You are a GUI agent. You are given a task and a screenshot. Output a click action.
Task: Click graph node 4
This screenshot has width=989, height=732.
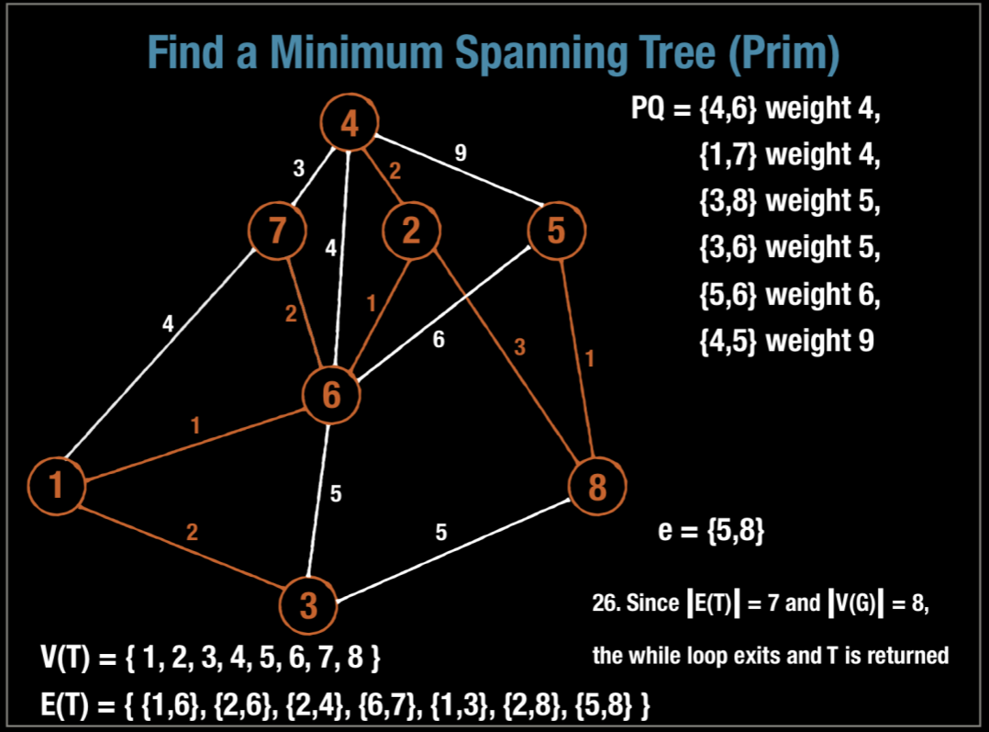coord(349,123)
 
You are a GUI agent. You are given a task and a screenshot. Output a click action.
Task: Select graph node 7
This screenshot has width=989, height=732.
coord(277,230)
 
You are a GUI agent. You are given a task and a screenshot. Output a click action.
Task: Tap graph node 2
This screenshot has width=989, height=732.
coord(410,230)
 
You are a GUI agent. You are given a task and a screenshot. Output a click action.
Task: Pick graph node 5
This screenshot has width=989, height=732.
coord(556,230)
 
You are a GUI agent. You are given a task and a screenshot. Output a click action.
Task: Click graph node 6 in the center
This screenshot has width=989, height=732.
coord(331,396)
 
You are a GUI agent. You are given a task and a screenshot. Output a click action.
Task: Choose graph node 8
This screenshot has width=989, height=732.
coord(597,485)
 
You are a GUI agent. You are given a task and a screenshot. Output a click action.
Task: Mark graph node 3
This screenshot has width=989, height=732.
coord(309,604)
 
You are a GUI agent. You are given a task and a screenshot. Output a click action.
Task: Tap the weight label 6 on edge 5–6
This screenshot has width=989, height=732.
coord(439,340)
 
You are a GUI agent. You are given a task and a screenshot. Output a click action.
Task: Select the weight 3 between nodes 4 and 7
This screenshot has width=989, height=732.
coord(298,168)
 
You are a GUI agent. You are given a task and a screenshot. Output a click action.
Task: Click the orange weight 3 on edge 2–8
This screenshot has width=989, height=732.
coord(519,346)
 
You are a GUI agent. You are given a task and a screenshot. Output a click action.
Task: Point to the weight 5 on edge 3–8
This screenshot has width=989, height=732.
coord(440,532)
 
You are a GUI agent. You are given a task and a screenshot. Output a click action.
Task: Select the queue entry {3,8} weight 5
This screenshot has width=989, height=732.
coord(787,200)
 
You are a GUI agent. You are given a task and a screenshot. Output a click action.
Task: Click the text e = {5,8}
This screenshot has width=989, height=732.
coord(711,532)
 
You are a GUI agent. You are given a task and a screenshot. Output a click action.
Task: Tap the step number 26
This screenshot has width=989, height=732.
coord(606,604)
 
